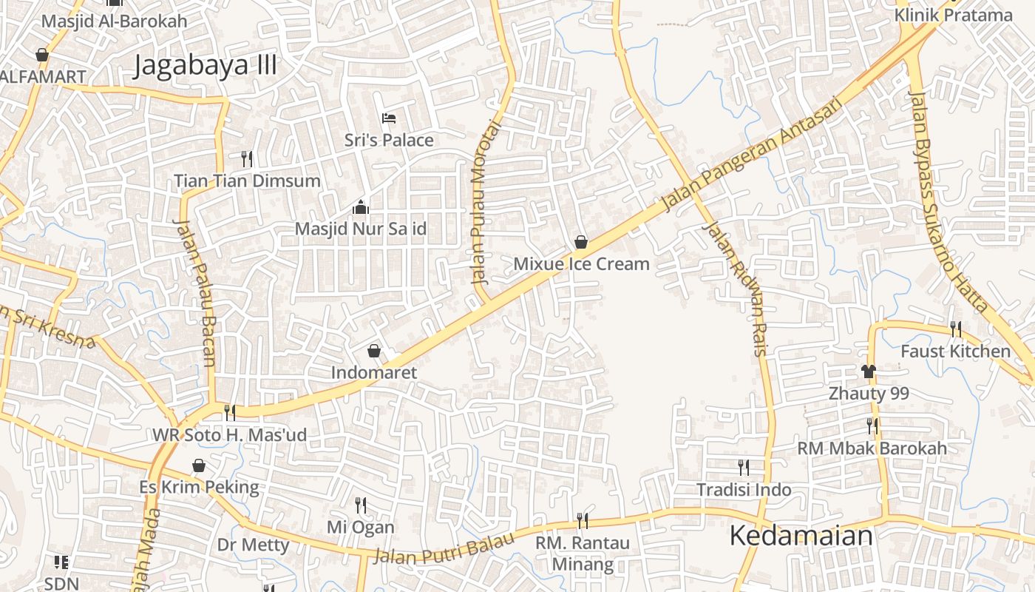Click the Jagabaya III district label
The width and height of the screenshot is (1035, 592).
click(206, 66)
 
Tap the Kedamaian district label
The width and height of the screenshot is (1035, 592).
click(801, 536)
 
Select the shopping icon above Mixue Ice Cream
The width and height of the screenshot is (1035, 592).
click(581, 242)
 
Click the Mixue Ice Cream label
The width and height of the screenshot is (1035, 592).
click(581, 264)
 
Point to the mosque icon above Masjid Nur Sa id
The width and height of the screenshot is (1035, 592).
click(361, 207)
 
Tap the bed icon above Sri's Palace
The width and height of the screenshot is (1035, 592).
click(389, 118)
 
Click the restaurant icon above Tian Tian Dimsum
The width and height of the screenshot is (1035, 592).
click(247, 158)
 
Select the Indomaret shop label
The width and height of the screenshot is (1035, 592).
click(373, 372)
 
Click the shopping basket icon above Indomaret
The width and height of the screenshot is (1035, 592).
click(374, 351)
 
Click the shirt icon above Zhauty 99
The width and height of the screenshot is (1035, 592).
click(869, 371)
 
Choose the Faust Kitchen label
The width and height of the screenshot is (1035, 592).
click(955, 351)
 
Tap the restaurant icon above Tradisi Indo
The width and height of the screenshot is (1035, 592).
click(744, 468)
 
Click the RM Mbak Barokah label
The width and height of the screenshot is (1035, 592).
click(872, 448)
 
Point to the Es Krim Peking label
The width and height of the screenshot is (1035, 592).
click(200, 488)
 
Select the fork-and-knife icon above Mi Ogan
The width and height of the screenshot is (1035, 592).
click(361, 505)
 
